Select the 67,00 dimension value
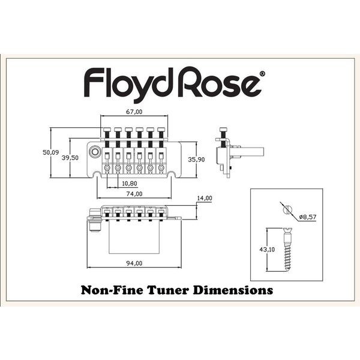(x=134, y=112)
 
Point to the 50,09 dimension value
(x=51, y=153)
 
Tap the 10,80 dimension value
(x=129, y=183)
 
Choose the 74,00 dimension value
(x=134, y=194)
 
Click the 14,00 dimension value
(x=205, y=198)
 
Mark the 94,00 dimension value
(x=134, y=263)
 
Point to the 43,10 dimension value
(x=266, y=249)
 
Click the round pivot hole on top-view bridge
(x=95, y=152)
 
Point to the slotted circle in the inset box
(x=287, y=209)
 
